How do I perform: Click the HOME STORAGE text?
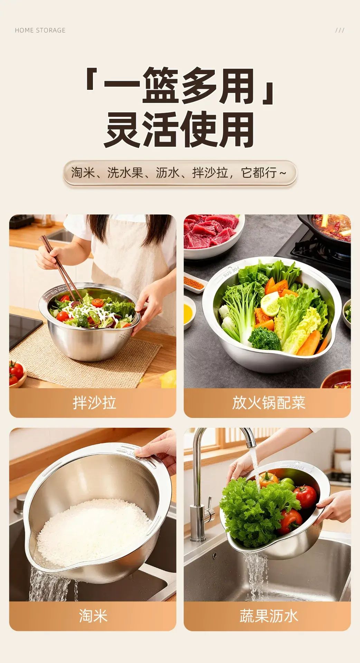[40, 30]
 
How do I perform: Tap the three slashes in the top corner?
[340, 30]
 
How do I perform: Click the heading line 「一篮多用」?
[180, 85]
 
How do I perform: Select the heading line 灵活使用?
[180, 129]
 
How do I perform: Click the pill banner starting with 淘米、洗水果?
[180, 173]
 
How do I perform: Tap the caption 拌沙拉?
[94, 403]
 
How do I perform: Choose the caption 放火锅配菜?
[268, 403]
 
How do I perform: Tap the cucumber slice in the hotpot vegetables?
[270, 304]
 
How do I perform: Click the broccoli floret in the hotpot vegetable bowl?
[264, 338]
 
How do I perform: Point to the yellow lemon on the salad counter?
[169, 379]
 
